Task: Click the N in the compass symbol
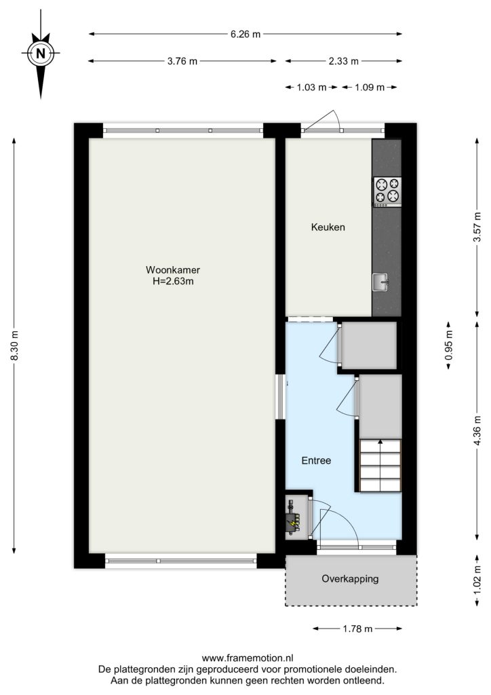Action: click(x=41, y=54)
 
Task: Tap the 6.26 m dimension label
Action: click(x=245, y=34)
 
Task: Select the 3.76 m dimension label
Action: click(x=182, y=62)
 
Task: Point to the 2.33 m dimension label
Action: click(x=344, y=62)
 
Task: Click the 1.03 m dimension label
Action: click(x=311, y=88)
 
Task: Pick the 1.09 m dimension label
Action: click(x=369, y=88)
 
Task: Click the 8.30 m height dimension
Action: click(x=14, y=345)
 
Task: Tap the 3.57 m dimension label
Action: click(x=477, y=227)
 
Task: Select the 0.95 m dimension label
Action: click(x=448, y=345)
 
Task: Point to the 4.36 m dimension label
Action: click(x=477, y=430)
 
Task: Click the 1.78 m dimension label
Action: click(x=357, y=628)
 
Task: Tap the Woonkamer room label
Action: click(x=173, y=270)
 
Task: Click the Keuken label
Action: click(x=328, y=227)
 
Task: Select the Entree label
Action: click(x=316, y=461)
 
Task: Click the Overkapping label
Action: click(x=350, y=579)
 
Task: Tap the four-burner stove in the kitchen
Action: click(x=387, y=192)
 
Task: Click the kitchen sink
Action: click(x=380, y=282)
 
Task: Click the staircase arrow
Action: click(x=380, y=466)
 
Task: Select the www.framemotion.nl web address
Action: click(x=248, y=658)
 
